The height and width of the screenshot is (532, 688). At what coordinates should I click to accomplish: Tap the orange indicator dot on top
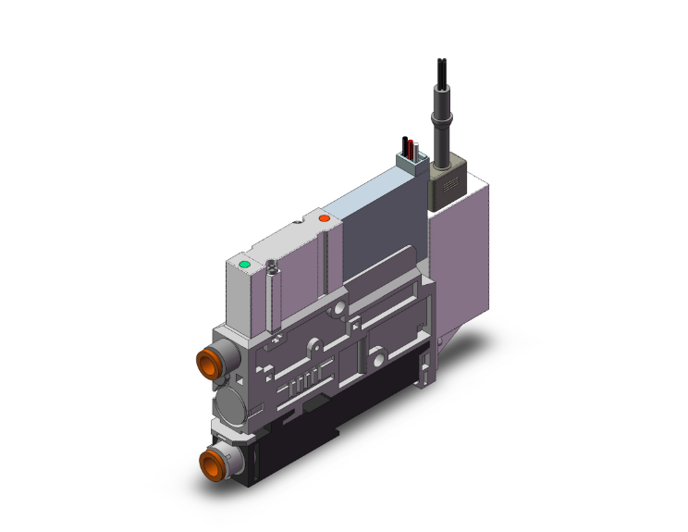[x=324, y=218]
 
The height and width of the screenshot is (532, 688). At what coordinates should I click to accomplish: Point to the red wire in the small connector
[x=412, y=147]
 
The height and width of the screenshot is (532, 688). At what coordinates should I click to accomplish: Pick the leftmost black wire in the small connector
[x=405, y=145]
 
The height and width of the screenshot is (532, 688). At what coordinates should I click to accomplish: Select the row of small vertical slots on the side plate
[x=305, y=381]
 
